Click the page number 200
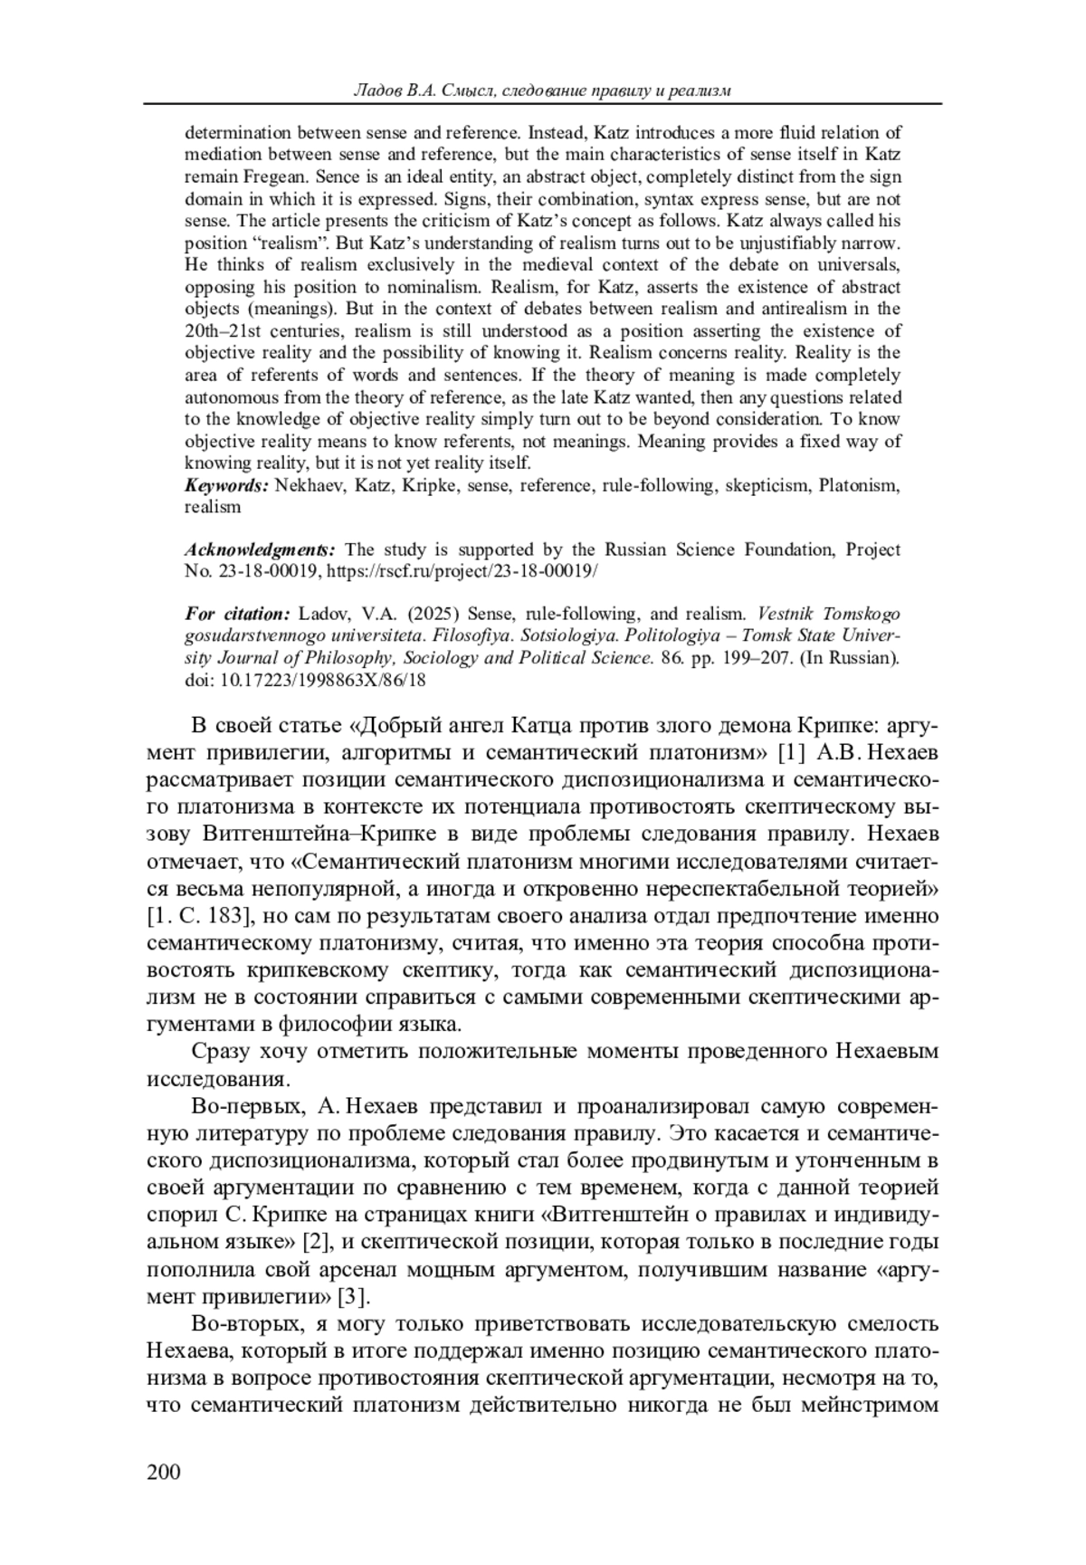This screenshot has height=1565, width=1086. [164, 1472]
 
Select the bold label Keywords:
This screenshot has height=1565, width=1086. [226, 485]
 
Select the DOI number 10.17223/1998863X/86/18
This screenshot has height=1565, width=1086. [323, 680]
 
